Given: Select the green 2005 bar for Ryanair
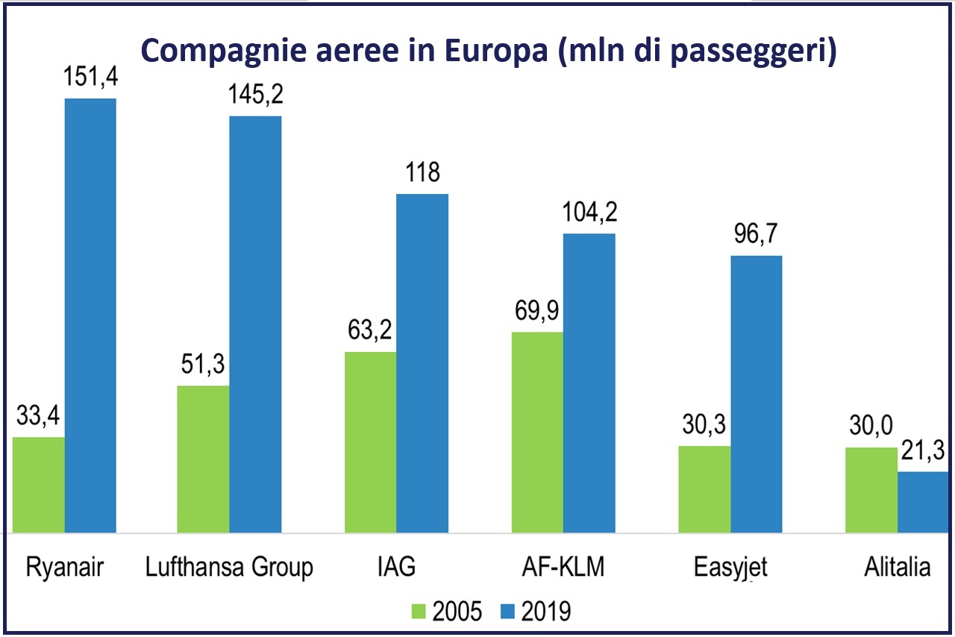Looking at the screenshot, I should coord(39,485).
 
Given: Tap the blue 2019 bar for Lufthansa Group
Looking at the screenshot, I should coord(255,324).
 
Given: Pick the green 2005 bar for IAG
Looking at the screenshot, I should coord(370,442).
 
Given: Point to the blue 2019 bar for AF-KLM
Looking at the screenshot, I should coord(589,383).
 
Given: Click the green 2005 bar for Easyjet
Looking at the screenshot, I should coord(704,489).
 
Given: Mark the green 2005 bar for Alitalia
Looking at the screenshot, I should coord(871,490).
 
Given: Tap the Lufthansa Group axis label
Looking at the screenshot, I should coord(230,568).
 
